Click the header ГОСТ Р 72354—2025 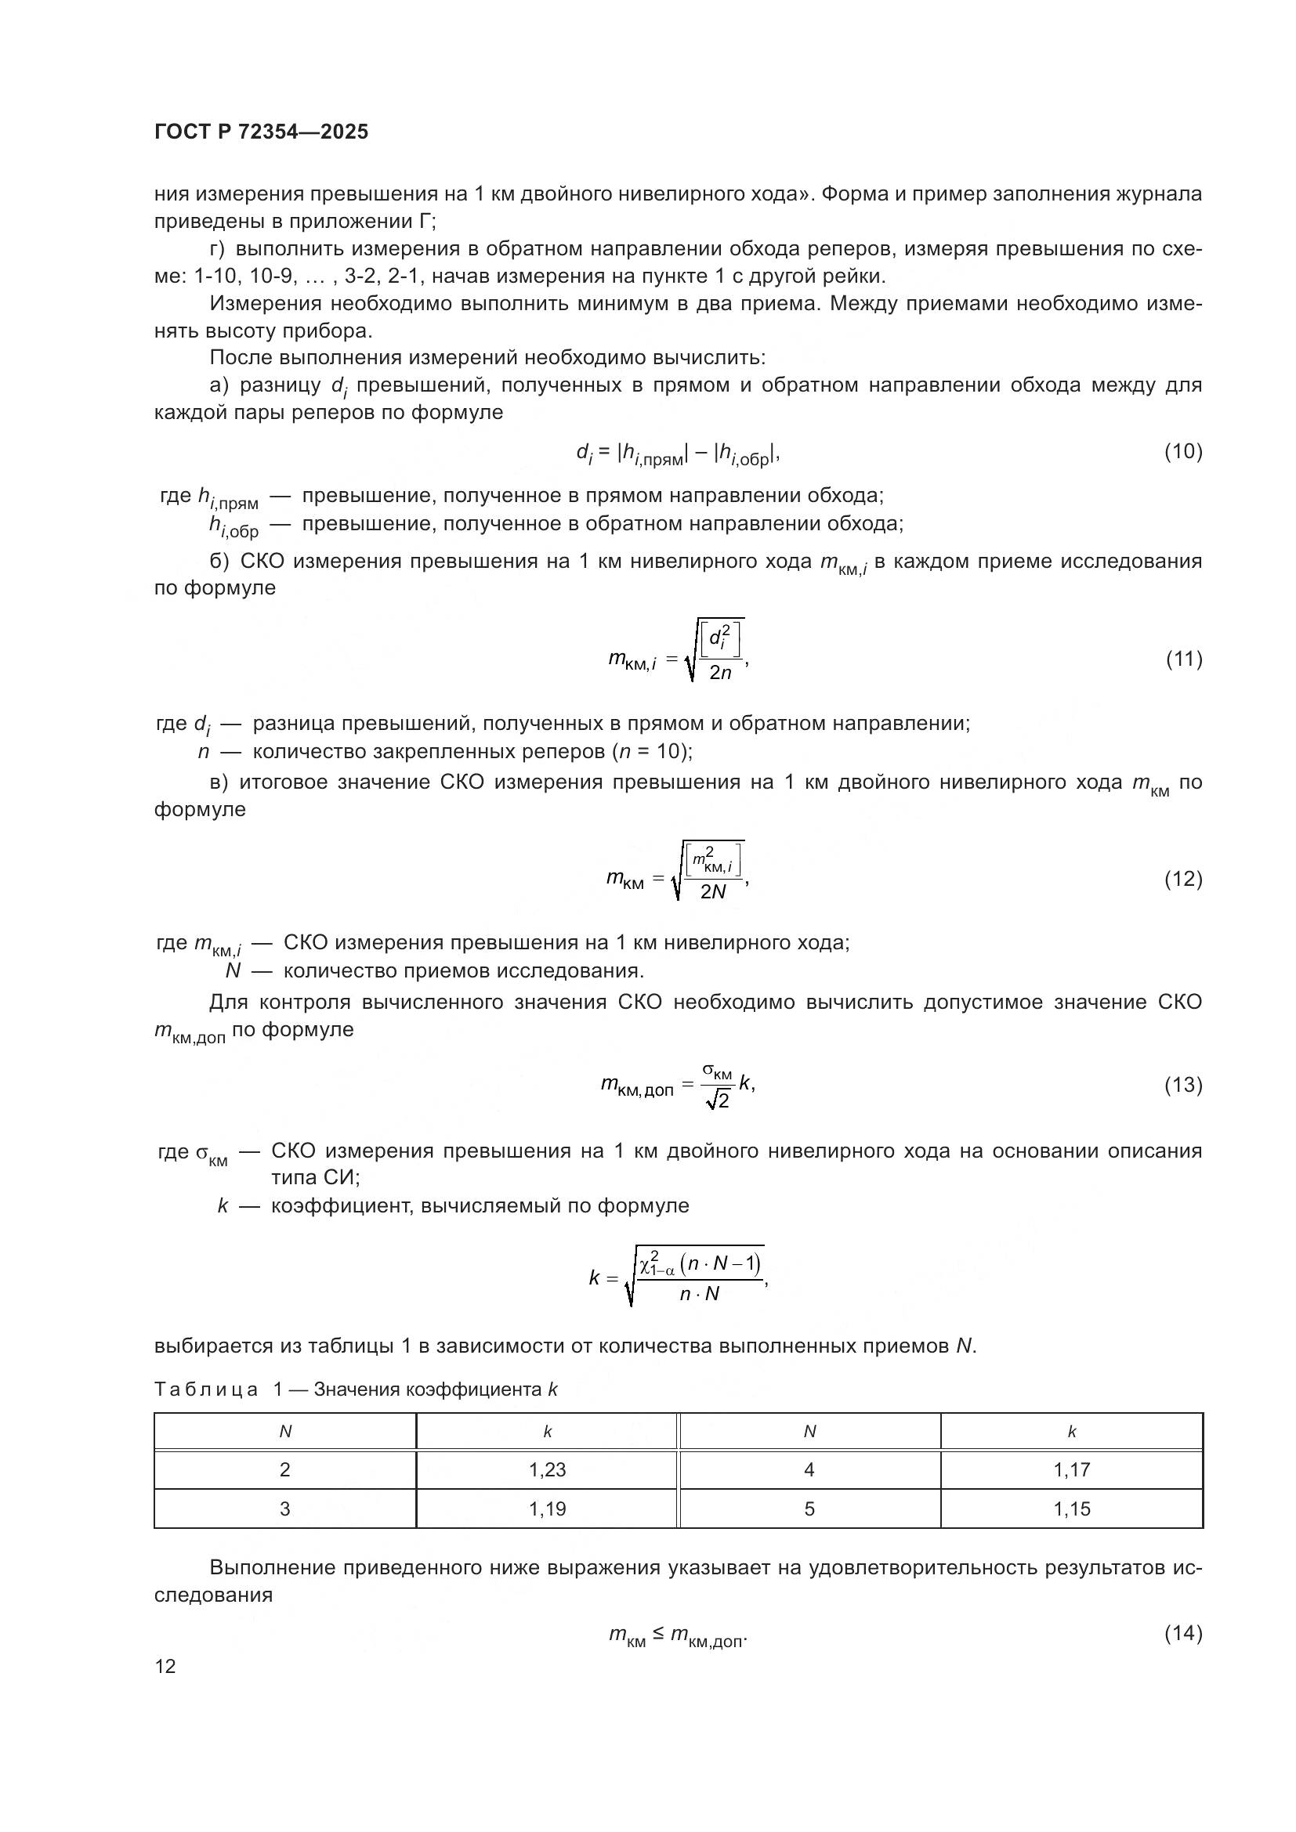tap(261, 132)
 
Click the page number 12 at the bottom tap(165, 1666)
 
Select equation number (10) tap(1182, 452)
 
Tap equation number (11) tap(1183, 659)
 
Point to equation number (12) tap(1182, 879)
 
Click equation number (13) tap(1182, 1084)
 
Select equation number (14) tap(1182, 1633)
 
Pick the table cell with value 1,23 tap(548, 1469)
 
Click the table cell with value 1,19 tap(548, 1509)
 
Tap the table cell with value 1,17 tap(1072, 1469)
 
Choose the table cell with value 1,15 tap(1072, 1509)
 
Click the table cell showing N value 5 tap(809, 1509)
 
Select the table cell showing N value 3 tap(285, 1509)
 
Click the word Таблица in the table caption tap(206, 1389)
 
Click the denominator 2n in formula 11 tap(720, 674)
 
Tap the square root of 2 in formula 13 tap(718, 1102)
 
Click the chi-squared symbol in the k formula tap(648, 1265)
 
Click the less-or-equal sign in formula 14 tap(657, 1634)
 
